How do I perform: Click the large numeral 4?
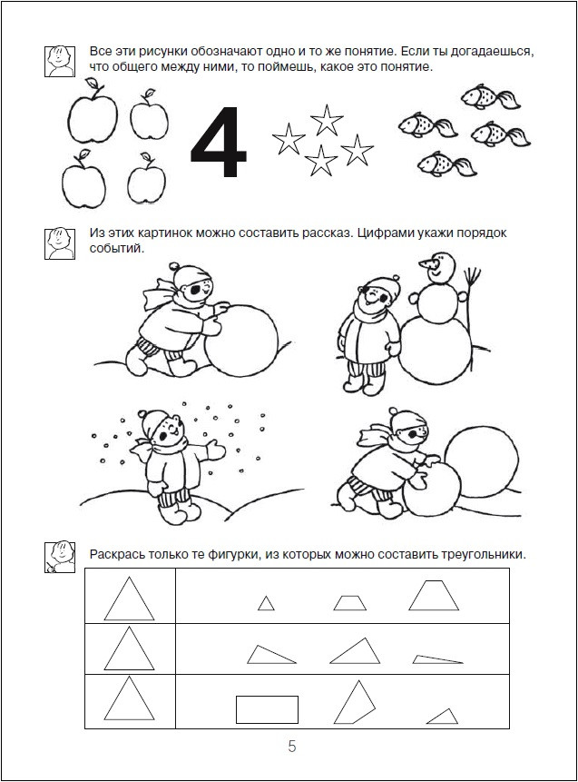[218, 144]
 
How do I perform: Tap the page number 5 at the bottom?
[291, 747]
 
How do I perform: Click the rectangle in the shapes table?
[267, 709]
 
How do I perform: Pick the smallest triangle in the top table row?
[266, 603]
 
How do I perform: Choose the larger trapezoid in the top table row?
[433, 596]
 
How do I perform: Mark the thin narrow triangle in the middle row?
[437, 659]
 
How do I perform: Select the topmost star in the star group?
[324, 117]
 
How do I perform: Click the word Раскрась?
[119, 554]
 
